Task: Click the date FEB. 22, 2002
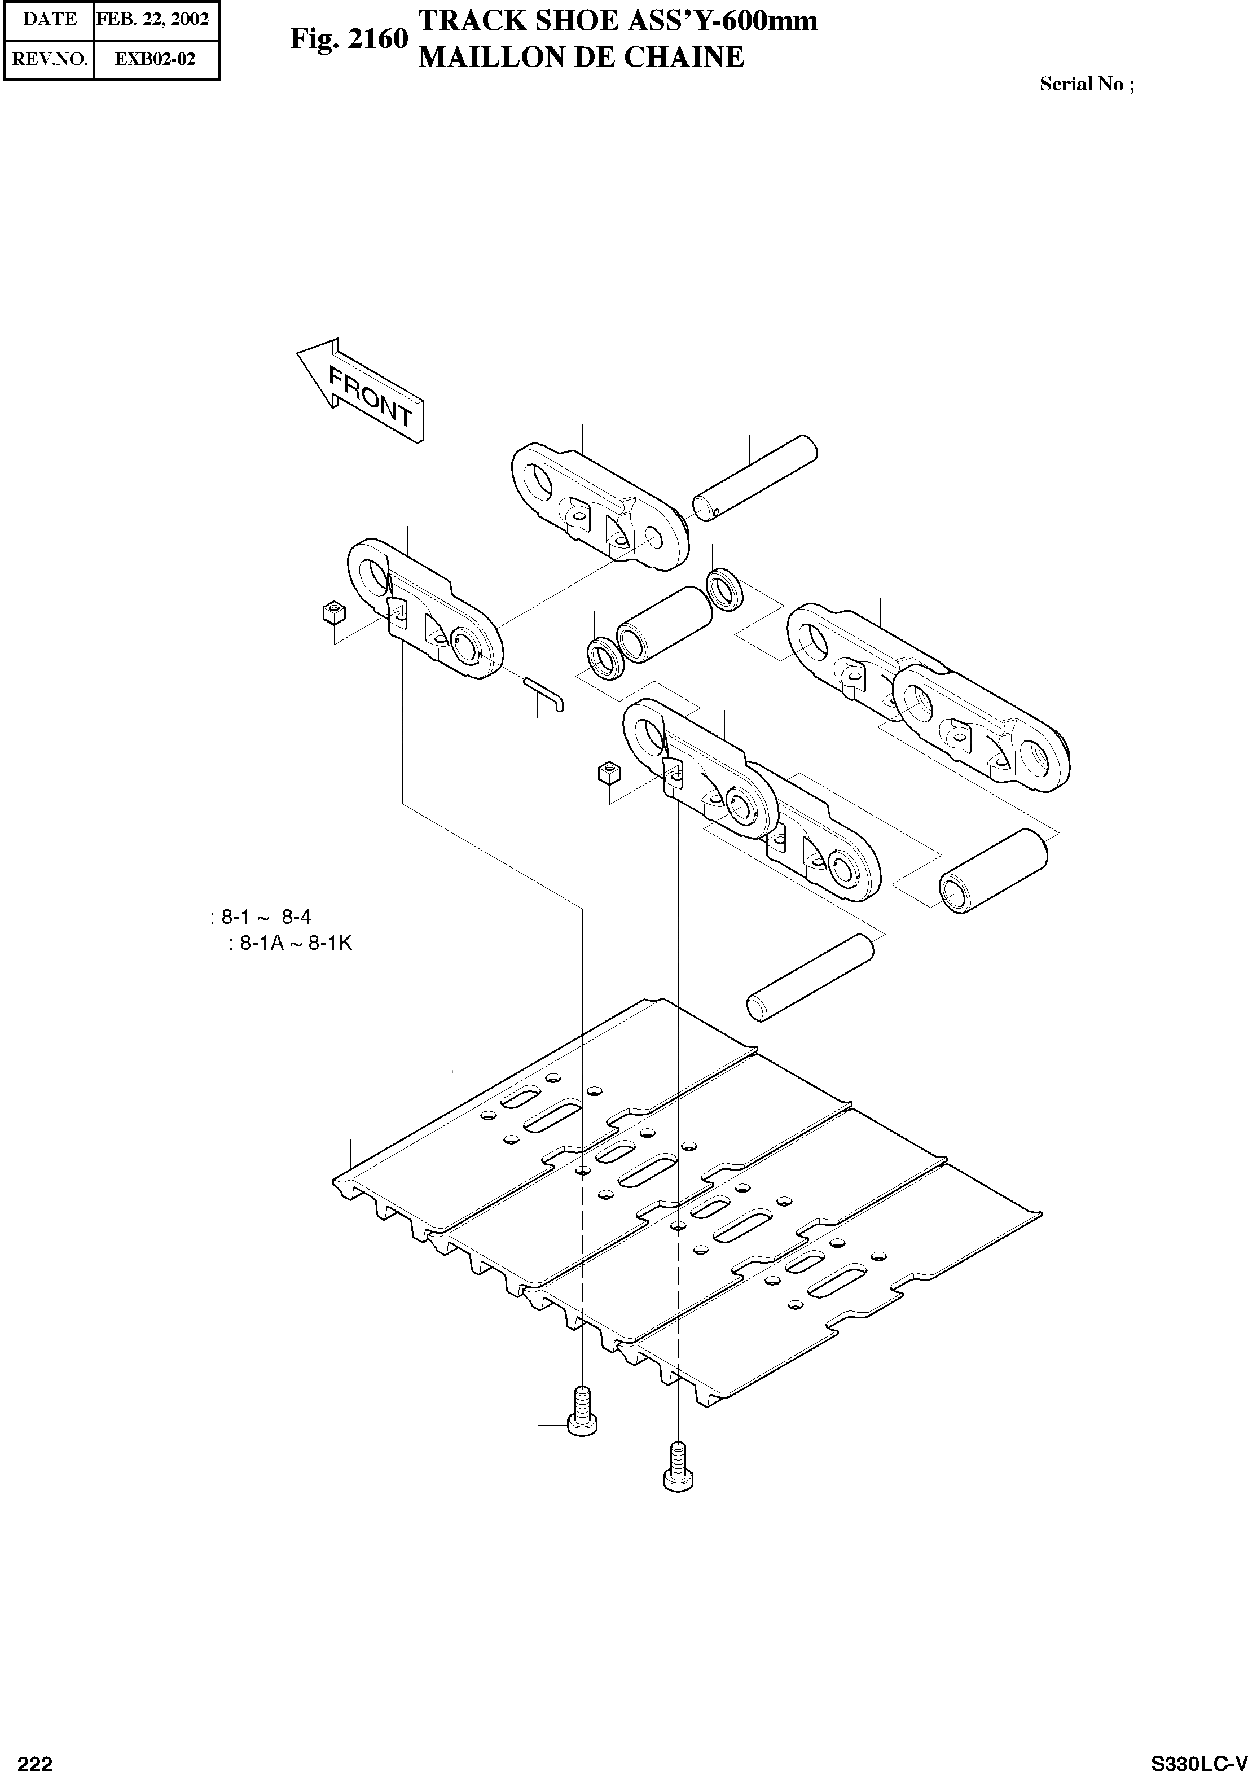tap(153, 19)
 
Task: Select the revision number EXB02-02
tap(154, 59)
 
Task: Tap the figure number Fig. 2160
tap(349, 38)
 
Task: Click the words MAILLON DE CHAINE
tap(581, 57)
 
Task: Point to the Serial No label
tap(1086, 84)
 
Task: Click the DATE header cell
tap(49, 19)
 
